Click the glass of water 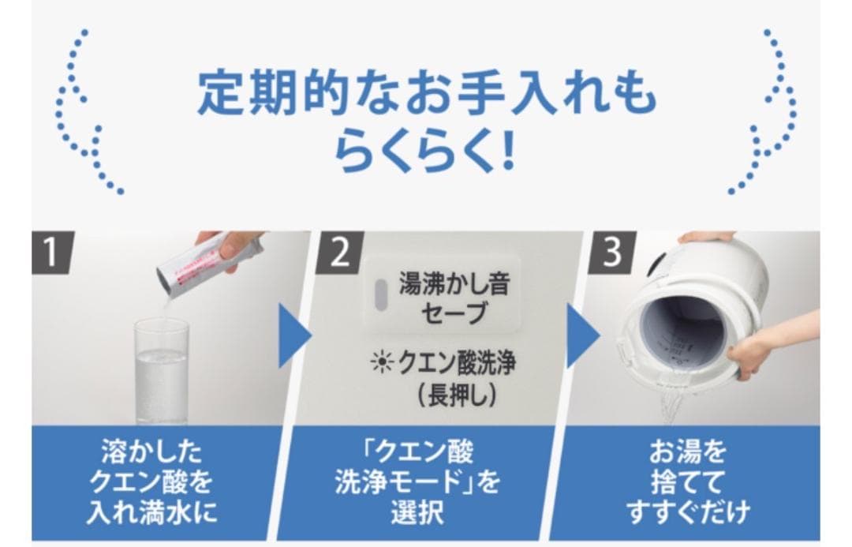click(161, 370)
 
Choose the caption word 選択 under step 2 click(425, 512)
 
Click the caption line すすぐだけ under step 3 click(688, 512)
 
